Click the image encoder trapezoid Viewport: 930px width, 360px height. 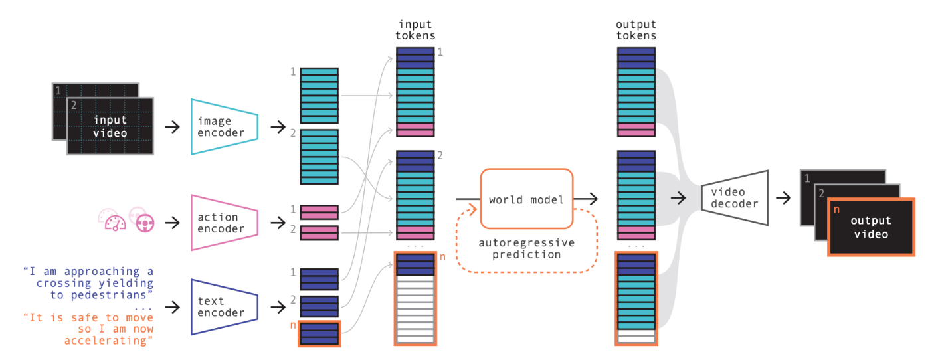click(x=225, y=127)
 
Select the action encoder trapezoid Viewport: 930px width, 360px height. click(x=225, y=223)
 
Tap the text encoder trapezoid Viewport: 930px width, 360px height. click(x=225, y=307)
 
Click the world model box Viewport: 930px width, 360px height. click(x=526, y=199)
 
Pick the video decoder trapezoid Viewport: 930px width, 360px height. click(x=735, y=198)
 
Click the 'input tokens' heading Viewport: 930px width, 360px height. click(x=415, y=30)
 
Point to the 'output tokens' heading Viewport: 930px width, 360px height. click(x=636, y=30)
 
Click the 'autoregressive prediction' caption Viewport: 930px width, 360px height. click(x=526, y=248)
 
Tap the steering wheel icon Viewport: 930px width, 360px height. click(x=145, y=223)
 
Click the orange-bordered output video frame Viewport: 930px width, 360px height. click(x=871, y=226)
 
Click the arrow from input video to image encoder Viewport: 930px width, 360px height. click(x=172, y=127)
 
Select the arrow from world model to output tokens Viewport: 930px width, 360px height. click(x=586, y=199)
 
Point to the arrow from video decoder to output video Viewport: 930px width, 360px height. click(x=783, y=198)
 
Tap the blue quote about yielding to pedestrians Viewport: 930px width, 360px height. click(x=88, y=283)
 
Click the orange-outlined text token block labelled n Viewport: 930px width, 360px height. click(x=320, y=333)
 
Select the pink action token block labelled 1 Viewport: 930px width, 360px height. click(x=320, y=212)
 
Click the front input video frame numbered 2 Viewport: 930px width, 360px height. click(x=110, y=126)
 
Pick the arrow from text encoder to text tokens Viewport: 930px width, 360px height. click(x=278, y=307)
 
